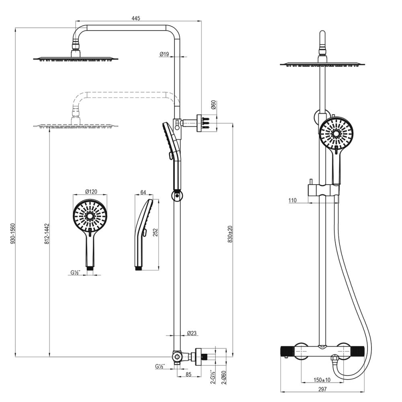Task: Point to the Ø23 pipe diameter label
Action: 192,333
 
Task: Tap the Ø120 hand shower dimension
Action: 91,192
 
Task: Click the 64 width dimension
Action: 144,192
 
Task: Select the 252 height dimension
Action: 155,234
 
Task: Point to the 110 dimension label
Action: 292,200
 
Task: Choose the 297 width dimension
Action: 322,389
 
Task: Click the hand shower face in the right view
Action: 334,133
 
